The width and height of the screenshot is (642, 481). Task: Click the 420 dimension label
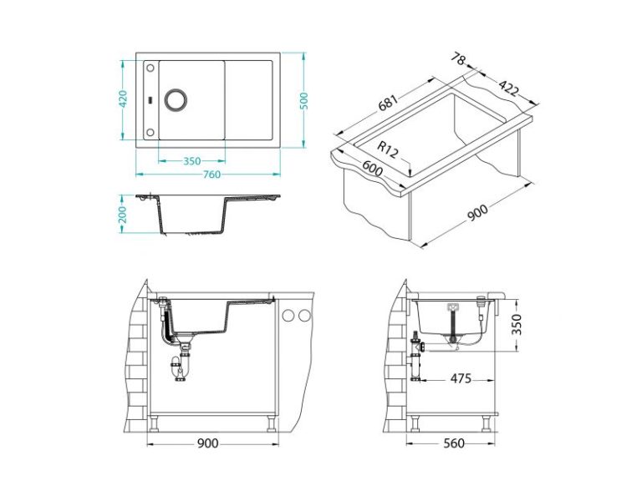click(x=123, y=99)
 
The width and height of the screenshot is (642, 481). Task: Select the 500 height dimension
click(x=303, y=100)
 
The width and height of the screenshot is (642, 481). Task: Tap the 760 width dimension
click(x=211, y=175)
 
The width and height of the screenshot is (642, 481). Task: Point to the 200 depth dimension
click(x=122, y=215)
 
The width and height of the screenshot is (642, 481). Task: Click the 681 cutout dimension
click(x=388, y=103)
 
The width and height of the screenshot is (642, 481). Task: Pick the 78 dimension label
click(x=459, y=59)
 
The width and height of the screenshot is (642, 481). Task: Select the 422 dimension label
click(x=508, y=88)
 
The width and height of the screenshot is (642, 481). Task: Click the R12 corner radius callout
click(x=387, y=149)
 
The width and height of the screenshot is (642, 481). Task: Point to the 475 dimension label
click(x=461, y=379)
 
